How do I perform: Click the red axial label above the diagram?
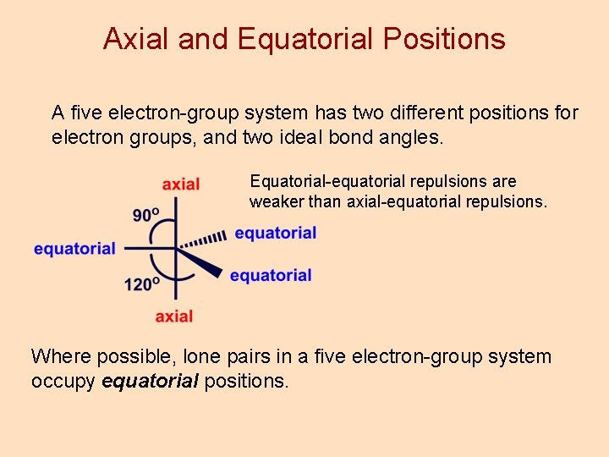pos(181,184)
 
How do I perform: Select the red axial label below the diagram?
pos(174,316)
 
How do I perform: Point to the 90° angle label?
pos(146,214)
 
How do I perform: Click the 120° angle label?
pos(141,284)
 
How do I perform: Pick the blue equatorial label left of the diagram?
pos(74,248)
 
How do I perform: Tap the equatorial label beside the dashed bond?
pos(276,233)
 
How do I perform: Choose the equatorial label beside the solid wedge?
pos(271,275)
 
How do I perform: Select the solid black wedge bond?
pos(201,262)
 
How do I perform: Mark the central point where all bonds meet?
pos(176,249)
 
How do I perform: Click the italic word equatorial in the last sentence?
pos(150,382)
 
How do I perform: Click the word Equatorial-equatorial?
pos(329,181)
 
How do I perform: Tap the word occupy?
pos(63,382)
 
